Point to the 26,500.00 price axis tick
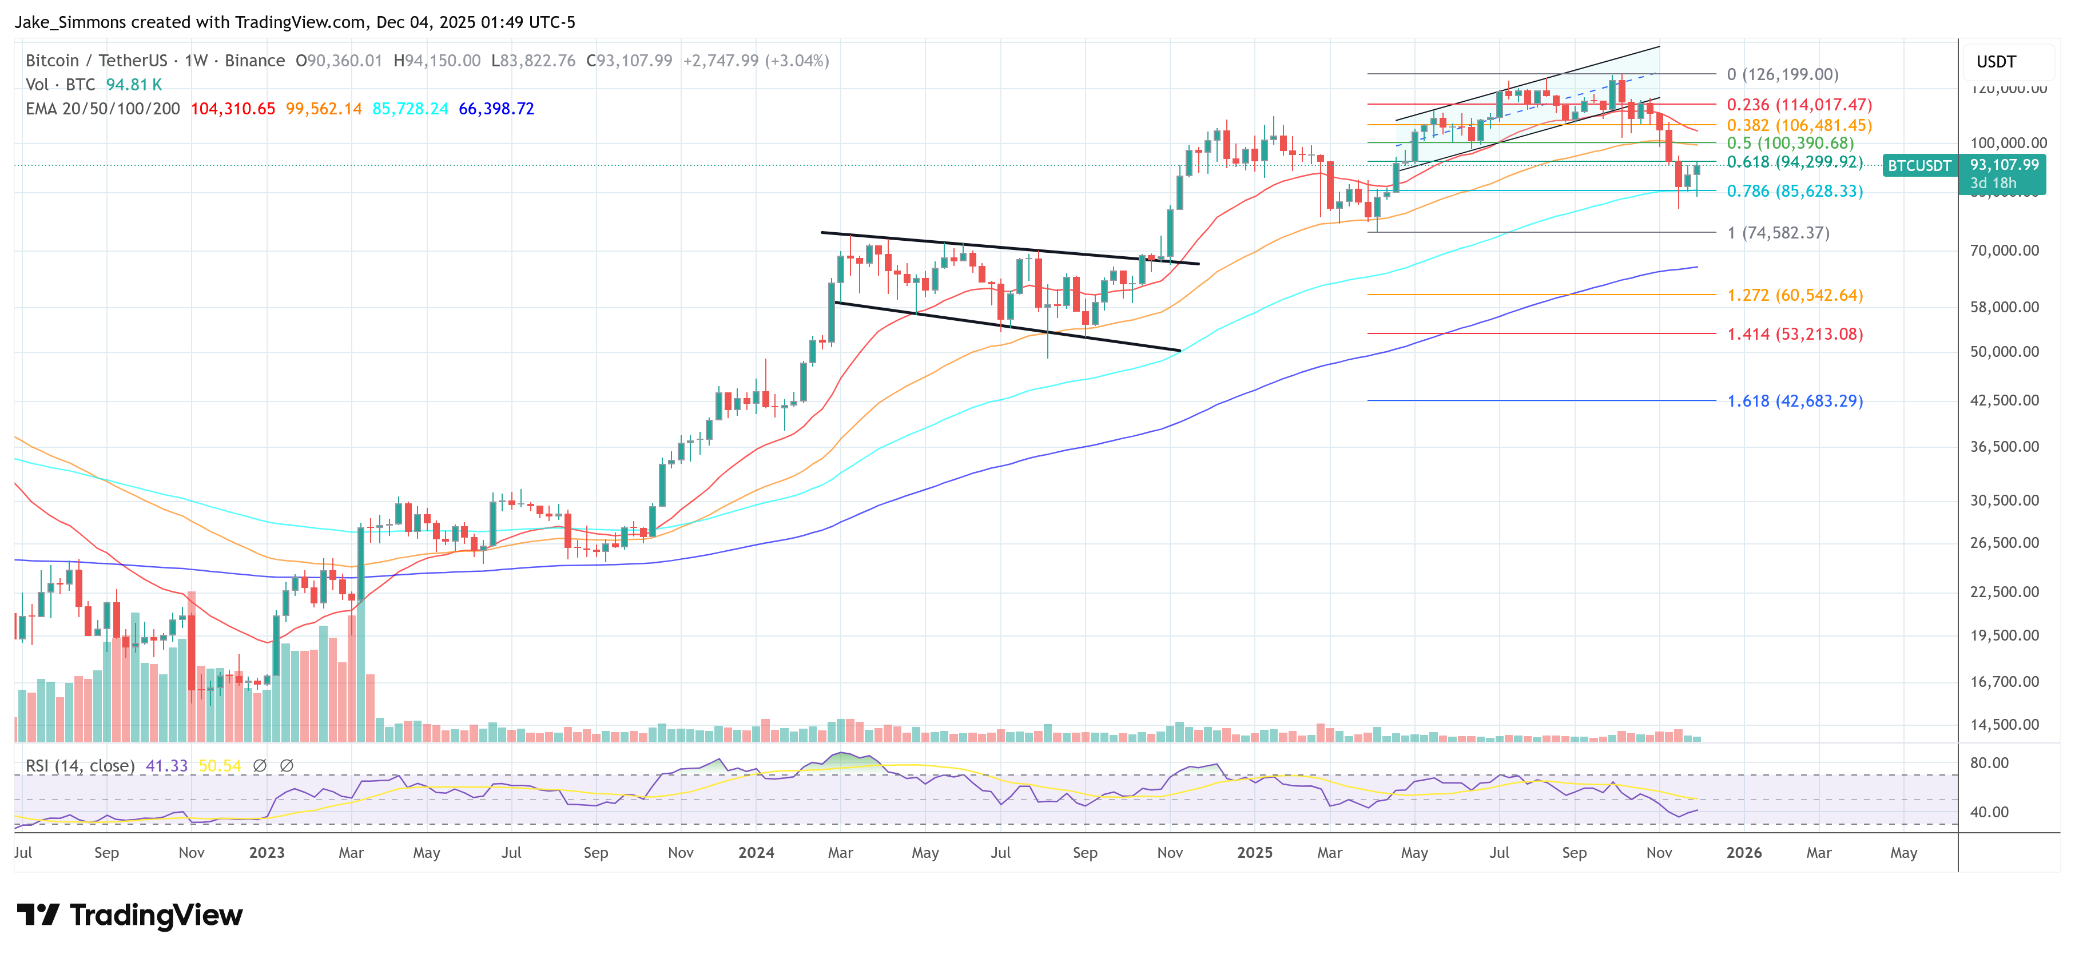(2004, 543)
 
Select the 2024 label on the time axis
(756, 852)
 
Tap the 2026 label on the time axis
(1743, 852)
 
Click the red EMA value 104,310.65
(233, 109)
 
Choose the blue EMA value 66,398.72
(496, 109)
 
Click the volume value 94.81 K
(134, 85)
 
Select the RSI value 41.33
(166, 765)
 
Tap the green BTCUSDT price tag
(1919, 166)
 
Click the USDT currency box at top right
(1996, 62)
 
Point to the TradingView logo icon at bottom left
(38, 915)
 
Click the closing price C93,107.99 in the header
(629, 61)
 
